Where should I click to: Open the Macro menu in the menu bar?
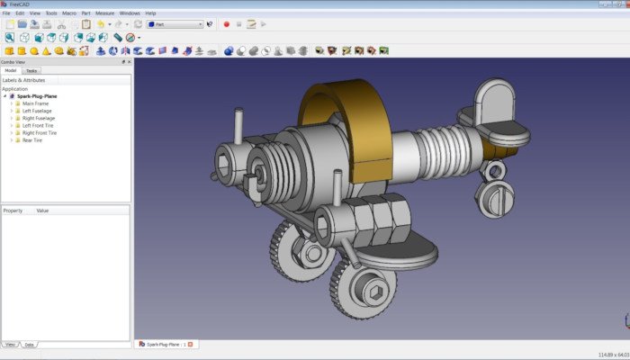tap(68, 13)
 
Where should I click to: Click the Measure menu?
tap(104, 13)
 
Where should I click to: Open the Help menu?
tap(150, 13)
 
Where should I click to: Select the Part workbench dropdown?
tap(175, 24)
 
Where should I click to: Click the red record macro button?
tap(227, 24)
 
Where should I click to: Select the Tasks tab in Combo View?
tap(31, 70)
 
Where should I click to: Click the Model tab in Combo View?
tap(11, 70)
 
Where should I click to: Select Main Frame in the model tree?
tap(35, 103)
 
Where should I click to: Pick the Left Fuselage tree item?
tap(38, 111)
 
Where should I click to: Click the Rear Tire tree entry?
tap(32, 139)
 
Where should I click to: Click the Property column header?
tap(13, 210)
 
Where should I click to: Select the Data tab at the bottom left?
tap(29, 345)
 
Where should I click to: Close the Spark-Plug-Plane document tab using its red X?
tap(191, 345)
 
